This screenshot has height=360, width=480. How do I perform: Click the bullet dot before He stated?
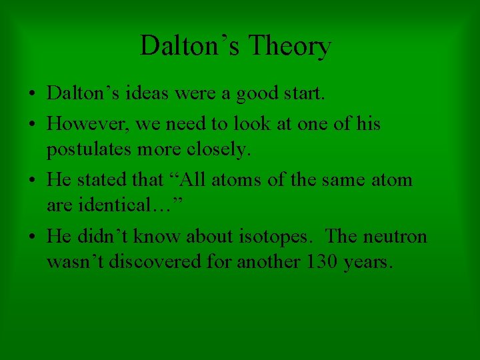pyautogui.click(x=32, y=181)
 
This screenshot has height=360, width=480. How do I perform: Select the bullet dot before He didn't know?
pyautogui.click(x=32, y=237)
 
